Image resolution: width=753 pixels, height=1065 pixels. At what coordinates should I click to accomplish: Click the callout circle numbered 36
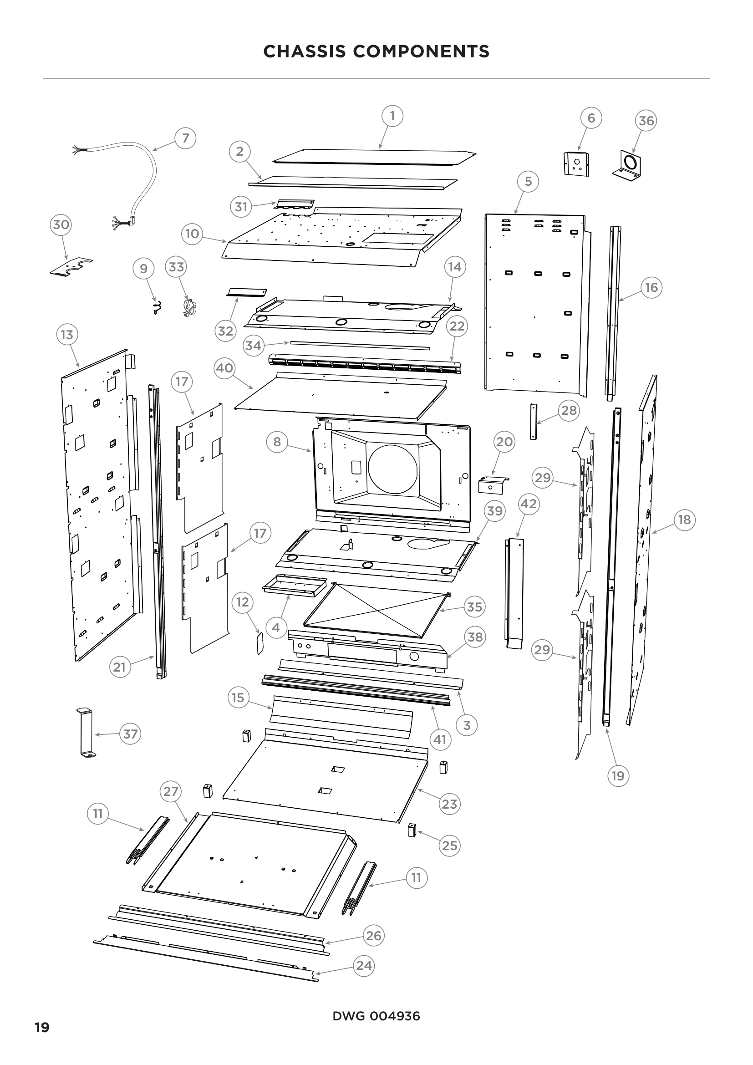tap(646, 121)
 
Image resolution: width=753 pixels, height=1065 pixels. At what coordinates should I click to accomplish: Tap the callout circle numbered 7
tap(185, 138)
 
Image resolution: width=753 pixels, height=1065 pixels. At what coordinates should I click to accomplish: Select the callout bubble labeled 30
tap(61, 224)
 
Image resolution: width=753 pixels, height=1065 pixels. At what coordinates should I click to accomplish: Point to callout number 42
tap(528, 504)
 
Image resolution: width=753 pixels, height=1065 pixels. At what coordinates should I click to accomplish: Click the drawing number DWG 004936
tap(376, 1016)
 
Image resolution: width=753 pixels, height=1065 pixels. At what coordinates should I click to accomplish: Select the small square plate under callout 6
tap(576, 163)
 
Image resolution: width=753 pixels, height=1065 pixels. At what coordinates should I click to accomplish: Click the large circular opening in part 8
tap(392, 469)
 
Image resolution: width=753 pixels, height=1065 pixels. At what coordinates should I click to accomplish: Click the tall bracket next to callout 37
tap(86, 734)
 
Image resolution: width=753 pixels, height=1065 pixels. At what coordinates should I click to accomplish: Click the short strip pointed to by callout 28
tap(533, 421)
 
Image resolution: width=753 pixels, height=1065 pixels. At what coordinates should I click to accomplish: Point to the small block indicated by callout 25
tap(411, 830)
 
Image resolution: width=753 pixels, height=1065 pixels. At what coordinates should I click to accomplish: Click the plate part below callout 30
tap(71, 268)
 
